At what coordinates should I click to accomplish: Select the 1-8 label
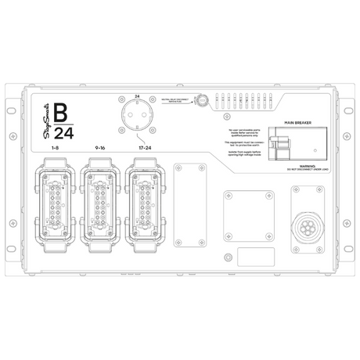coord(55,146)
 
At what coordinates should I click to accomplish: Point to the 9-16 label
coord(99,146)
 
